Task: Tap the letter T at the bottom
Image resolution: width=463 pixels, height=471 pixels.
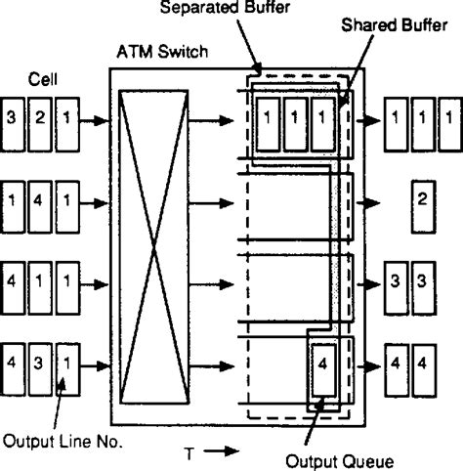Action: [188, 452]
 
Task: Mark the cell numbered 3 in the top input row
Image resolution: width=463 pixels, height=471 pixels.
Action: [14, 121]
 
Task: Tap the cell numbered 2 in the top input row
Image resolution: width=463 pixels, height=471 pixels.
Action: [41, 121]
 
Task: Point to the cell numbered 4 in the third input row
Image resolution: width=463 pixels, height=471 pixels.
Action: [14, 284]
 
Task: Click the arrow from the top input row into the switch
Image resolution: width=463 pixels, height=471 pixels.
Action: [94, 121]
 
